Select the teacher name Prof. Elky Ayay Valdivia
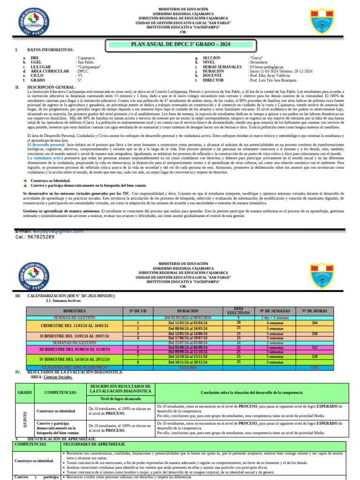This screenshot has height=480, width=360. pos(270,75)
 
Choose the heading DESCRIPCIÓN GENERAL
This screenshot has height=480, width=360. pos(51,87)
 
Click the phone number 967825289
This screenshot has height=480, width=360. pos(42,237)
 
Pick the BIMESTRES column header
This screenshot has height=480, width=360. pos(75,311)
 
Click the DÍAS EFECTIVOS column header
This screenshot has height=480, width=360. pos(239,311)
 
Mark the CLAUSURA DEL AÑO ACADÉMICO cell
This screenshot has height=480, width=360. pos(75,367)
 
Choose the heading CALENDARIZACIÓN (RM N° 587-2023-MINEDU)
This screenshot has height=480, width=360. pos(71,296)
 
